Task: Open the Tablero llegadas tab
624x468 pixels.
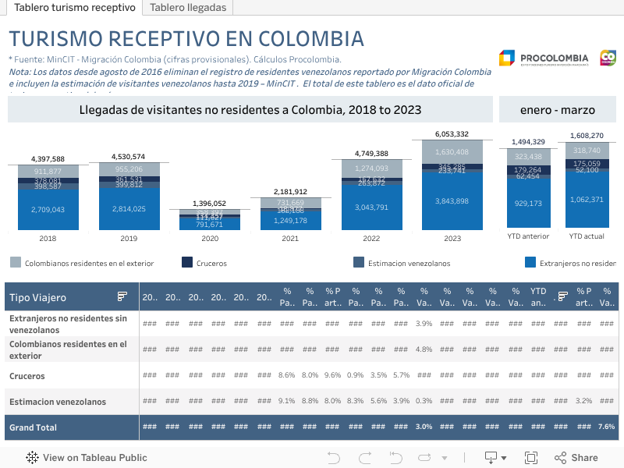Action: pos(188,8)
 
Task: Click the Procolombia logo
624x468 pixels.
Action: pos(544,58)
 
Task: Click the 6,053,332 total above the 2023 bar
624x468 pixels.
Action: pos(452,134)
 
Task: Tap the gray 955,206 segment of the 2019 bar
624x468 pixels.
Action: pos(129,169)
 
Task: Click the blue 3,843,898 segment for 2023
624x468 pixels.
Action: pos(452,201)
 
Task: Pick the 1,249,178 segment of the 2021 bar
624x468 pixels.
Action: pos(290,221)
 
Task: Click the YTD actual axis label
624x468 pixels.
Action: pos(587,236)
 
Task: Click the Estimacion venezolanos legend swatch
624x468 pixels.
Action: pos(359,263)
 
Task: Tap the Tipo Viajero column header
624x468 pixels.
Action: pos(37,297)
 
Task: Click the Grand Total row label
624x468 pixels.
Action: pos(33,427)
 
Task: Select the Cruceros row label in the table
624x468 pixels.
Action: pos(27,376)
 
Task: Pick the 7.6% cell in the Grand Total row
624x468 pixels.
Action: pos(606,427)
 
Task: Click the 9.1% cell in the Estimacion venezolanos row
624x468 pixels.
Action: pos(286,402)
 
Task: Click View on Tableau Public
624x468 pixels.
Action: pos(94,458)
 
